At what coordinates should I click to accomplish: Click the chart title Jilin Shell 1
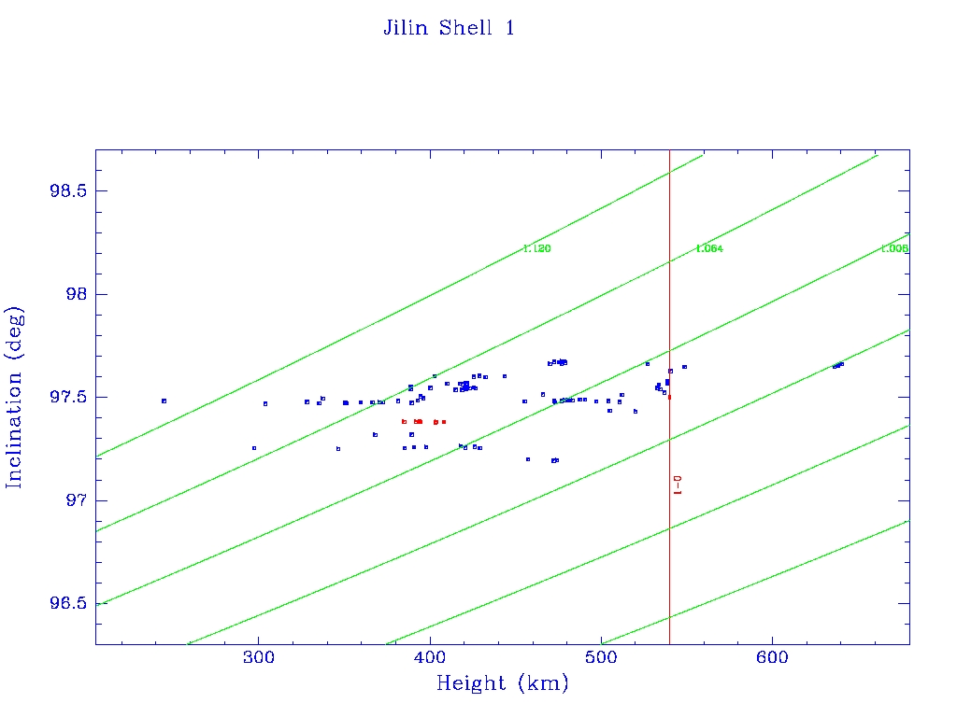tap(449, 28)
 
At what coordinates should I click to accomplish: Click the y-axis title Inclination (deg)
tap(14, 397)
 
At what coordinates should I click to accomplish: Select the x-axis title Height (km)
tap(502, 683)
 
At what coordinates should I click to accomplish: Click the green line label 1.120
tap(537, 249)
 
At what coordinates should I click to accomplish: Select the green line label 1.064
tap(709, 249)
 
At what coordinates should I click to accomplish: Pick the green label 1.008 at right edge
tap(894, 249)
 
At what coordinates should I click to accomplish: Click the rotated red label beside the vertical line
tap(678, 485)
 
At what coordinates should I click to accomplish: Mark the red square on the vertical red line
tap(669, 397)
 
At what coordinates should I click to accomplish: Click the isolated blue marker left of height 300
tap(164, 401)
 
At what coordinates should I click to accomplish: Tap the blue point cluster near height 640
tap(838, 365)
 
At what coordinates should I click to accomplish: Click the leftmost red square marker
tap(404, 421)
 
